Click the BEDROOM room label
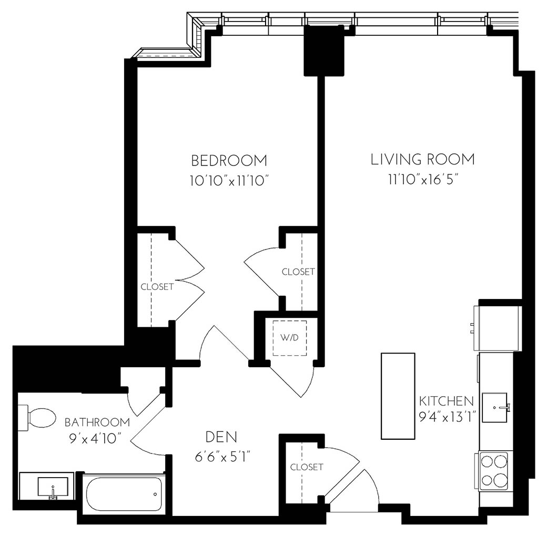click(x=229, y=160)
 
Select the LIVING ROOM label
click(x=422, y=159)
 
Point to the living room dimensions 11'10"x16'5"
click(x=422, y=180)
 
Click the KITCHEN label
click(x=446, y=401)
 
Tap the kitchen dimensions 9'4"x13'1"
click(x=447, y=418)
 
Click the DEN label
click(x=221, y=437)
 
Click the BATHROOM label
click(x=97, y=422)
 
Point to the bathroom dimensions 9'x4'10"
click(x=97, y=438)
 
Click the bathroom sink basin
click(x=53, y=487)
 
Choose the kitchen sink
click(x=495, y=407)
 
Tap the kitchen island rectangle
click(x=398, y=396)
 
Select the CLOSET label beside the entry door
click(x=306, y=467)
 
